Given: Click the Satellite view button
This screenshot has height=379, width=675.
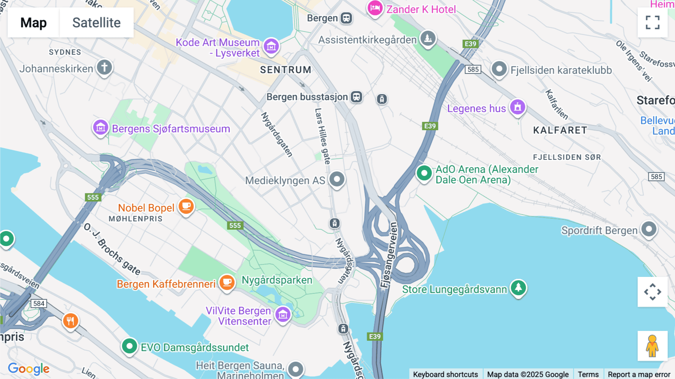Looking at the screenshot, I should click(96, 23).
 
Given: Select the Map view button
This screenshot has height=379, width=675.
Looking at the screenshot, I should click(33, 23).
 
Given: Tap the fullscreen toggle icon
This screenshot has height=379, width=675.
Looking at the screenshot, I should click(652, 23).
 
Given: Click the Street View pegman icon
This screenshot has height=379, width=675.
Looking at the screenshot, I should click(652, 346).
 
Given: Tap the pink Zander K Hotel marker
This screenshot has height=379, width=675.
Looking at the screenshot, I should click(375, 8).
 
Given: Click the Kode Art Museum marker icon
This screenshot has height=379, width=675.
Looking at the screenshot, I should click(271, 47).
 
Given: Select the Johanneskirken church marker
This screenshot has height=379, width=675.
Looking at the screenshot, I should click(104, 68).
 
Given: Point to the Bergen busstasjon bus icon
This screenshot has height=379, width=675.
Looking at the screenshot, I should click(356, 97).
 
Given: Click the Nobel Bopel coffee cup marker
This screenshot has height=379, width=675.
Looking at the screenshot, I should click(186, 206).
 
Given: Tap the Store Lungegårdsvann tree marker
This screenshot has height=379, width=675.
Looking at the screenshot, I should click(518, 288).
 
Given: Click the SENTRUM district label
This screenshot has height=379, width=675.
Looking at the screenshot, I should click(286, 70).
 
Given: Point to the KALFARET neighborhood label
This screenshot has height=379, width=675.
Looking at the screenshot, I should click(560, 130).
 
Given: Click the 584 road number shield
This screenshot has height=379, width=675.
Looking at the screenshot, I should click(39, 303).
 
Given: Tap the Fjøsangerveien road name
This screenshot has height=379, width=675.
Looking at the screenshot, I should click(389, 255).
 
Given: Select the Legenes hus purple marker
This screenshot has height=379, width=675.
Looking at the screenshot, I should click(517, 107).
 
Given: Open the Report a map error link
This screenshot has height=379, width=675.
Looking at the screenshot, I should click(639, 374).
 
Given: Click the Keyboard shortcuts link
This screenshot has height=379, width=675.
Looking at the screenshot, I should click(445, 374).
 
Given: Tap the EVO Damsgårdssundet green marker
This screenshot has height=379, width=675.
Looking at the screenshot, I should click(129, 346).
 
